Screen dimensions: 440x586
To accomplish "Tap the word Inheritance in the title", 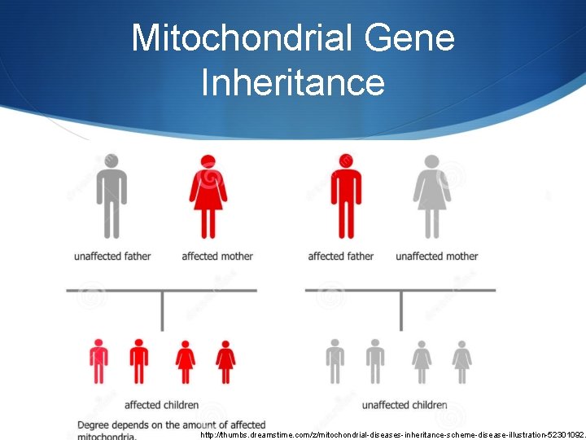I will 293,82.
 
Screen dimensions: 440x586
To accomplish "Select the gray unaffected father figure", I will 112,196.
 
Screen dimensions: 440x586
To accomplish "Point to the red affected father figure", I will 346,196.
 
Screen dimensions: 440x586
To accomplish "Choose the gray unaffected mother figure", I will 431,196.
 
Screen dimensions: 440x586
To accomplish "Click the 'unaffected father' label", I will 112,256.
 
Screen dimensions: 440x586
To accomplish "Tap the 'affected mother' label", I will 217,256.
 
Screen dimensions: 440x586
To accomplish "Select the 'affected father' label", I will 340,256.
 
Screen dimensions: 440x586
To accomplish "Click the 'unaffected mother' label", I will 437,256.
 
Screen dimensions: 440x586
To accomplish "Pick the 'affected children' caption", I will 161,405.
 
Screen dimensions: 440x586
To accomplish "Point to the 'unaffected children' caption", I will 405,405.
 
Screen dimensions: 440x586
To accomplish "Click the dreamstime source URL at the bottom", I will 391,434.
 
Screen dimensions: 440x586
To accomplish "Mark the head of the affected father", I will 347,161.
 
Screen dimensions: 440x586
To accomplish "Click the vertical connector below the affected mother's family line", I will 162,310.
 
